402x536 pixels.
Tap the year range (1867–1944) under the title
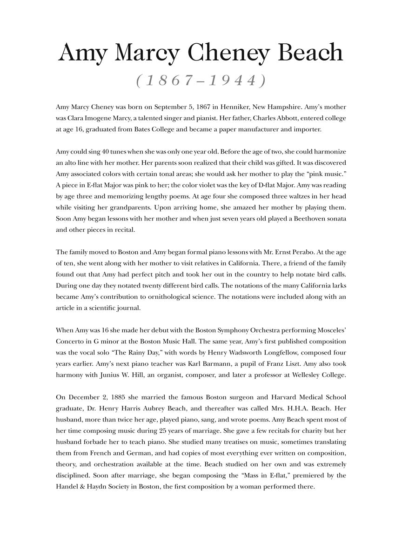pos(201,80)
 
